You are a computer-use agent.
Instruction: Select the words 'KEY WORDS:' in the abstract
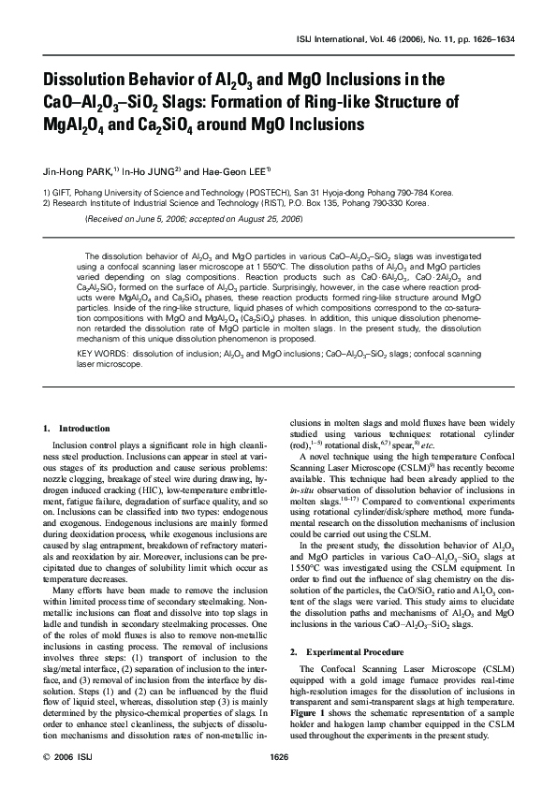(x=101, y=353)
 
